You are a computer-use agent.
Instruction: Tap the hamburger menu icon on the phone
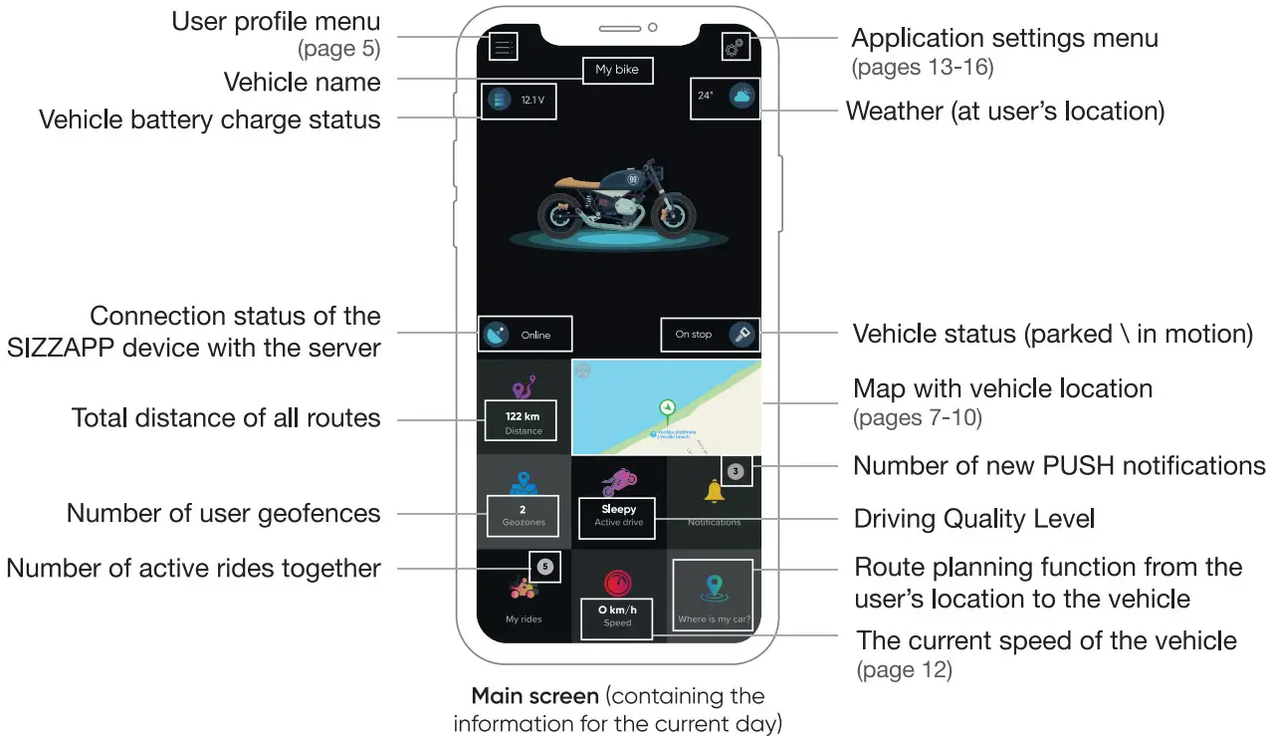(x=504, y=46)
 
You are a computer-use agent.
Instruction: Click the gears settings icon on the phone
(x=735, y=46)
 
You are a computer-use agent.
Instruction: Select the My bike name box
(x=617, y=70)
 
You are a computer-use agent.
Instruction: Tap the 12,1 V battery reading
(x=532, y=100)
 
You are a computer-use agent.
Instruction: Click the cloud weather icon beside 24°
(x=741, y=97)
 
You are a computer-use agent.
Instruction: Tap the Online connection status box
(x=526, y=335)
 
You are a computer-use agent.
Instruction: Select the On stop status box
(x=709, y=335)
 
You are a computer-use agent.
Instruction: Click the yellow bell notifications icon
(x=714, y=491)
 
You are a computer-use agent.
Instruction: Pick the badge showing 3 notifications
(x=736, y=471)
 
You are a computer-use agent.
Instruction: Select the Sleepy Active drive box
(x=618, y=515)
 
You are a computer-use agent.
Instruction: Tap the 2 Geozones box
(x=523, y=515)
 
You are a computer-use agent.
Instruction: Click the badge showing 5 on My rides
(x=544, y=567)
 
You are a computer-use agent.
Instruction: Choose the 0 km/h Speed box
(x=617, y=614)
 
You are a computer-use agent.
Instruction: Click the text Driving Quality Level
(x=973, y=519)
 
